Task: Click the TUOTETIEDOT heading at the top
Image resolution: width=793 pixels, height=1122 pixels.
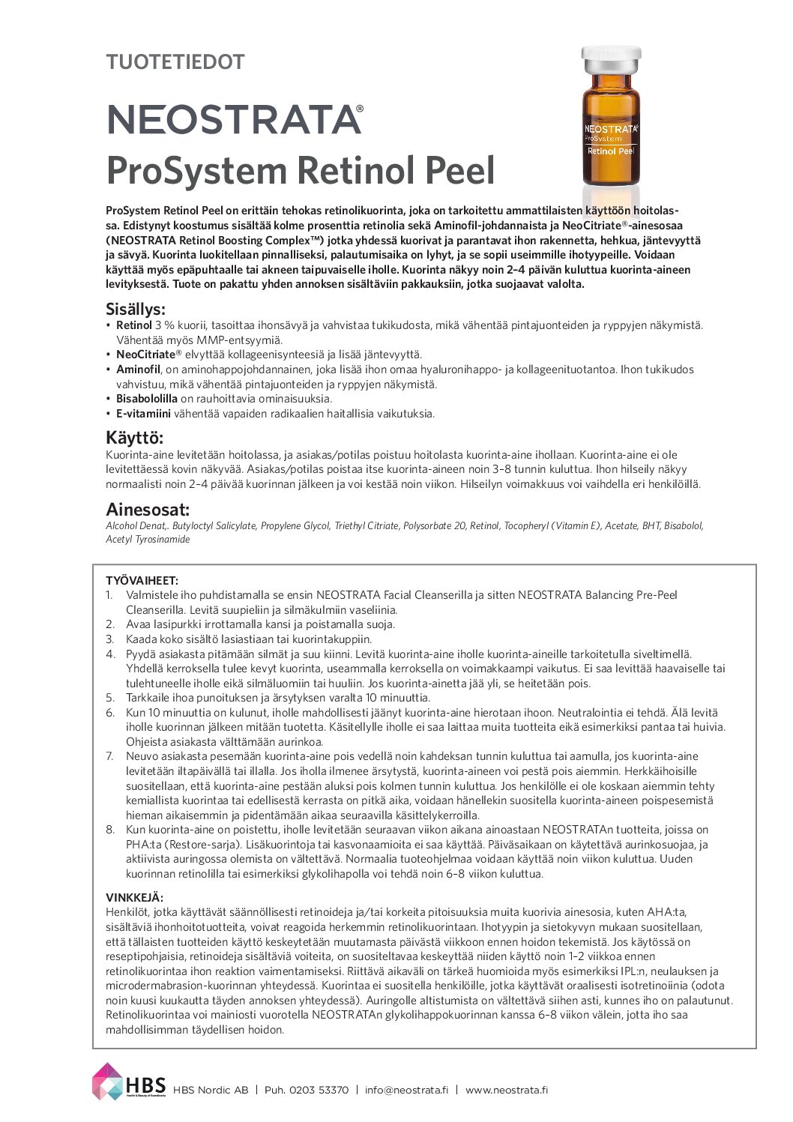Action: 175,62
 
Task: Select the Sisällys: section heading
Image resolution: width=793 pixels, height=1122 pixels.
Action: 136,310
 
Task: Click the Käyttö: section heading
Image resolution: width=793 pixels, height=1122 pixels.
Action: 134,438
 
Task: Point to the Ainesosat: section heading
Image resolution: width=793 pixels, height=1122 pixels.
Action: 148,510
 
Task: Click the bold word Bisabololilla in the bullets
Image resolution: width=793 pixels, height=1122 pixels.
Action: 147,399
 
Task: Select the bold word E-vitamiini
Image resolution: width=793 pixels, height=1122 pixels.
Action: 143,414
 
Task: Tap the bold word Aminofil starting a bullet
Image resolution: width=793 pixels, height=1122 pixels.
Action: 138,370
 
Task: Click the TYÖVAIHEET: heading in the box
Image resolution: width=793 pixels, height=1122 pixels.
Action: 142,581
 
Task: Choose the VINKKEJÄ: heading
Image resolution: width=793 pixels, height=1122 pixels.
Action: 134,898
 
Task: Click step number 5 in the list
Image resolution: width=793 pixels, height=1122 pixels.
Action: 109,698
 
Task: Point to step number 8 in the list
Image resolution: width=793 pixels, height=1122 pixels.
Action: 109,830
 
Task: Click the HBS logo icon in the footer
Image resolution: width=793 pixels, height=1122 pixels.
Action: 107,1082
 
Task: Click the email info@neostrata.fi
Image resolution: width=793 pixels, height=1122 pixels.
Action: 406,1090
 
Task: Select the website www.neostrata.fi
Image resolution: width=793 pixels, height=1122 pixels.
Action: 506,1090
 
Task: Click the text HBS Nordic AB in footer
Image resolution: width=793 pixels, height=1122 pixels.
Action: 211,1090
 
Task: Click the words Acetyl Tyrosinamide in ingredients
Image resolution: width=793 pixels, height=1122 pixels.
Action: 148,540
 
